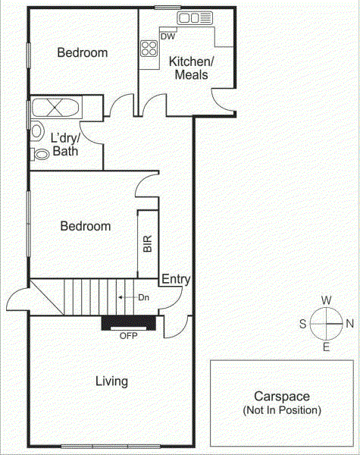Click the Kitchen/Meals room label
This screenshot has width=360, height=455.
click(191, 67)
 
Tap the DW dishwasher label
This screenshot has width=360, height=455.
click(168, 36)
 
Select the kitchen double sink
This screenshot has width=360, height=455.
click(195, 18)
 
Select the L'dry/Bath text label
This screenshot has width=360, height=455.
click(66, 145)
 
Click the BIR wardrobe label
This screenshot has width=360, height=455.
click(148, 243)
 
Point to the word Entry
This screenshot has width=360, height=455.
click(176, 280)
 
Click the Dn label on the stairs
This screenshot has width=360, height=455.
click(143, 297)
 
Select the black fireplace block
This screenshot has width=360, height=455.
click(130, 323)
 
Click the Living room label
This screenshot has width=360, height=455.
click(111, 381)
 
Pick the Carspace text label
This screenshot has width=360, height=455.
click(282, 397)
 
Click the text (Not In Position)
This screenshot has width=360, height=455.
click(282, 410)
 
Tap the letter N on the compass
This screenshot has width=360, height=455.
click(350, 323)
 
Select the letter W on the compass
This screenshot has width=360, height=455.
click(326, 300)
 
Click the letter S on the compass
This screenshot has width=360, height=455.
click(302, 323)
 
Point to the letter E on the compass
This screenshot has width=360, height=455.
click(326, 347)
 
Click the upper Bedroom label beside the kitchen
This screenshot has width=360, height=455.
click(83, 52)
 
